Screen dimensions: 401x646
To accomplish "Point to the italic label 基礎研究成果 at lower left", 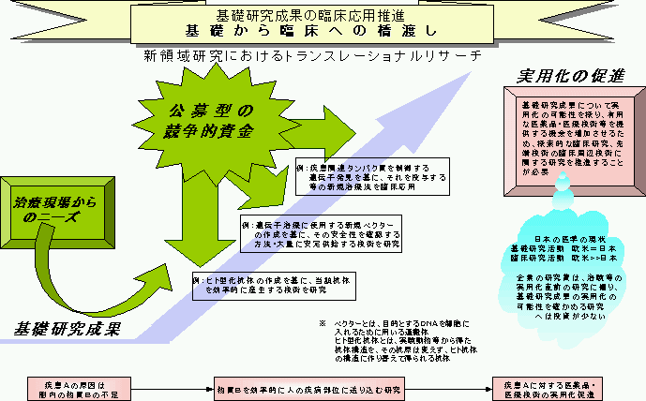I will pos(67,329).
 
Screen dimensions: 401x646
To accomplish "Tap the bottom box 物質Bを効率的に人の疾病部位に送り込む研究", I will pos(308,386).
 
